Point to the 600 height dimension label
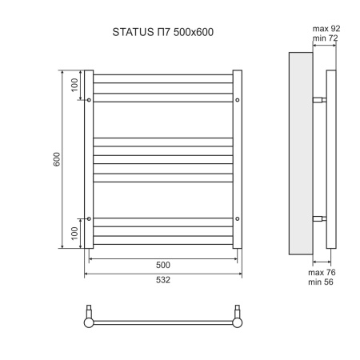(x=57, y=159)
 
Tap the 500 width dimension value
(x=162, y=265)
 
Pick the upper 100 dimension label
(x=74, y=85)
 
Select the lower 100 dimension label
(x=74, y=234)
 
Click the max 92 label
(x=323, y=30)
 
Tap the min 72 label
(x=323, y=38)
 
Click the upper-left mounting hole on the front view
(x=89, y=100)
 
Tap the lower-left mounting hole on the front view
(x=89, y=218)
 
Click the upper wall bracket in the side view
(x=318, y=100)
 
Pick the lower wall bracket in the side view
(x=318, y=218)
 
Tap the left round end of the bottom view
(x=90, y=323)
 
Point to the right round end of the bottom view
(x=237, y=323)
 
